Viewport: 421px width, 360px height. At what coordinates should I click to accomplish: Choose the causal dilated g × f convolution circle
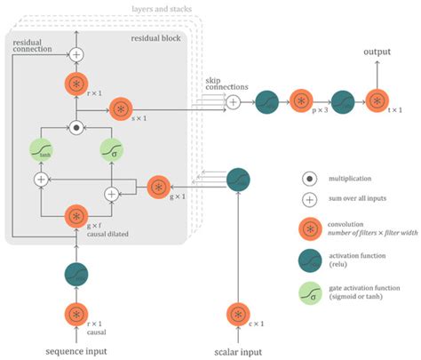click(x=77, y=214)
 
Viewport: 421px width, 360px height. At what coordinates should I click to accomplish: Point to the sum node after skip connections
click(x=233, y=103)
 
